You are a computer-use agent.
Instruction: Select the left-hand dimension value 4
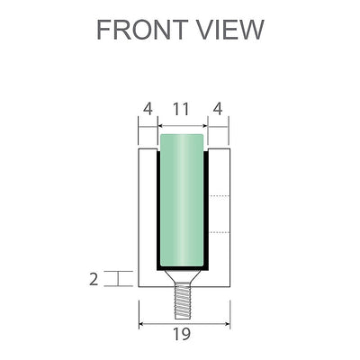(x=147, y=109)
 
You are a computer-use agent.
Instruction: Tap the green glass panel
(x=184, y=202)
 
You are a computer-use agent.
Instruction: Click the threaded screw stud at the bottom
(x=184, y=298)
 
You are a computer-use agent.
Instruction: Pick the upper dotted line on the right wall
(x=220, y=196)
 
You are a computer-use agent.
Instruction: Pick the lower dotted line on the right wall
(x=220, y=231)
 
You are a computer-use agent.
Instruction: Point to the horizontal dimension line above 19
(x=184, y=323)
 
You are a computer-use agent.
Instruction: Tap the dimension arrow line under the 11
(x=184, y=124)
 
